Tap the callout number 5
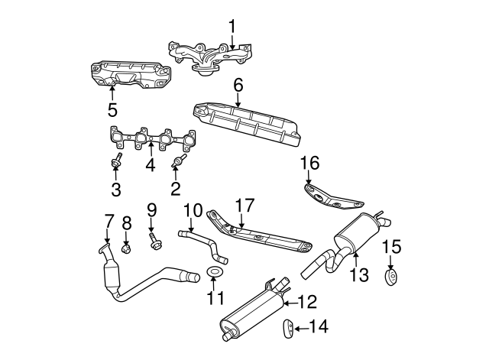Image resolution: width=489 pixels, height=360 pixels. tap(112, 109)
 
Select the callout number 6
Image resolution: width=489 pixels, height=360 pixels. tap(238, 86)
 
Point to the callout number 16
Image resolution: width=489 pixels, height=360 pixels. tap(309, 163)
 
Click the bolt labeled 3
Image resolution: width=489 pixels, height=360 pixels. tap(117, 163)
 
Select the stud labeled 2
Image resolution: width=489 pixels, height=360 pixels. tap(178, 163)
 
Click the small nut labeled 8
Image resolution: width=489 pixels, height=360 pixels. tap(127, 247)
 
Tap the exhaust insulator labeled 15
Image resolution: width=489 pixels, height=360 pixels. tap(391, 276)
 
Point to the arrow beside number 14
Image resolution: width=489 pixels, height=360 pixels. tap(303, 328)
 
